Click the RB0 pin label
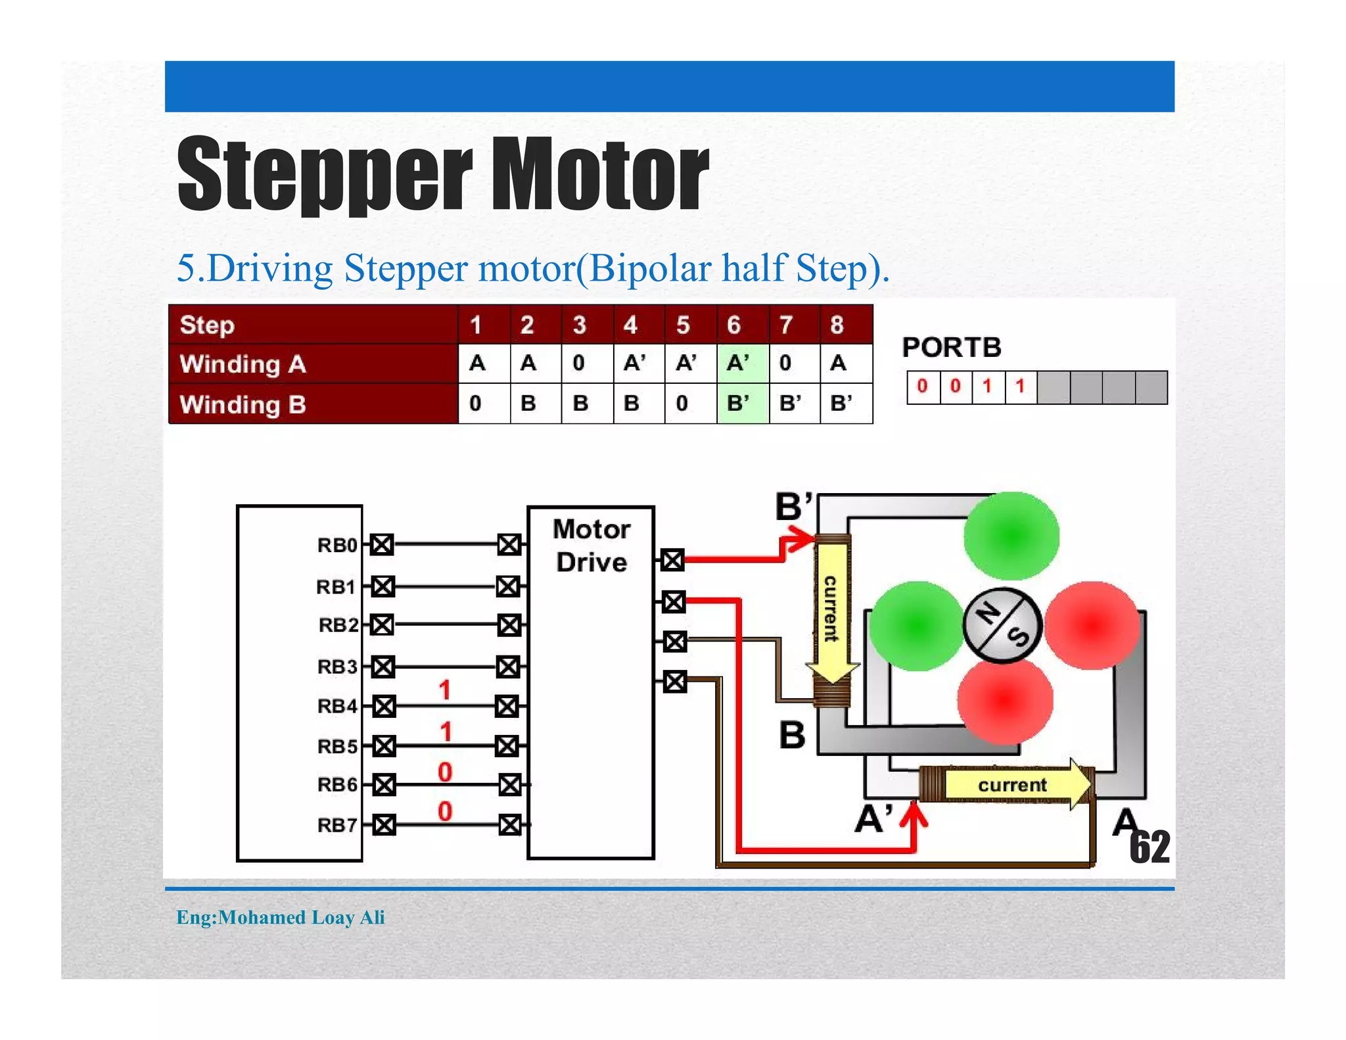(336, 545)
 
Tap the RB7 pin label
(336, 824)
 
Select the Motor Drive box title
(591, 546)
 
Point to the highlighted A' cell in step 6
(742, 363)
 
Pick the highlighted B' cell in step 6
(742, 403)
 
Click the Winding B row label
(243, 404)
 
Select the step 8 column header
(837, 325)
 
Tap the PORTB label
(951, 348)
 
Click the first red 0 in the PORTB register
(922, 386)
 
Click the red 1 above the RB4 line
(445, 690)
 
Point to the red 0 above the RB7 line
(445, 811)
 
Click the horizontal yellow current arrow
(1015, 784)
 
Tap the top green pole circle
(1011, 536)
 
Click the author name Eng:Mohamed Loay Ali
(281, 917)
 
